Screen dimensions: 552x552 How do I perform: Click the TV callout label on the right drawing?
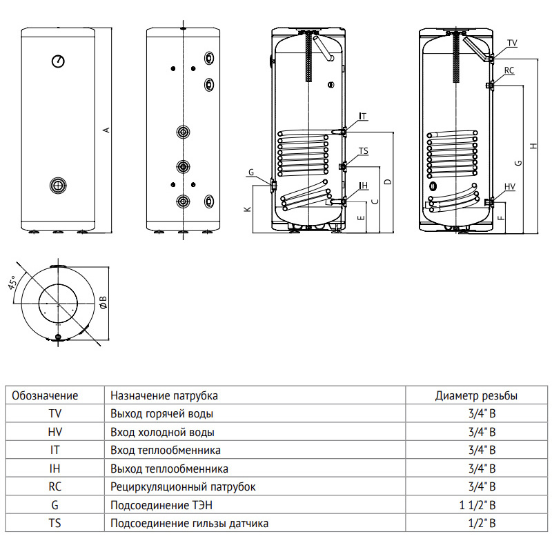tap(512, 43)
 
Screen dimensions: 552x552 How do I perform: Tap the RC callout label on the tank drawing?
tap(509, 70)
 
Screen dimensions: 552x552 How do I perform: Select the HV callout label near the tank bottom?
tap(510, 186)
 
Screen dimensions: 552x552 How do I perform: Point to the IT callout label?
tap(363, 116)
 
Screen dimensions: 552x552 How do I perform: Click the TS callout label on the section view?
tap(364, 151)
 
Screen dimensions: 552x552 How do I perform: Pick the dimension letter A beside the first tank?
tap(106, 130)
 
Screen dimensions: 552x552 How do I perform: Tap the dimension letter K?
tap(248, 209)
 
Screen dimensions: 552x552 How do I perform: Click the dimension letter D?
tap(388, 181)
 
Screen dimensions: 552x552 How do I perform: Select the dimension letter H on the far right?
tap(533, 146)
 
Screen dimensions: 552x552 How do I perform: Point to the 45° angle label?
tap(13, 283)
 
